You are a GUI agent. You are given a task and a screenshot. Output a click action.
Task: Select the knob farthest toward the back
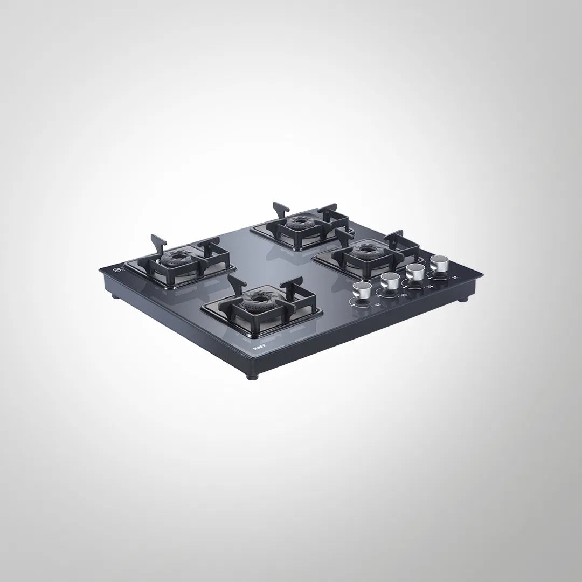tap(439, 264)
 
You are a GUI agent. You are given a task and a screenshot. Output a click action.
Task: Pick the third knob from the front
tap(414, 272)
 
